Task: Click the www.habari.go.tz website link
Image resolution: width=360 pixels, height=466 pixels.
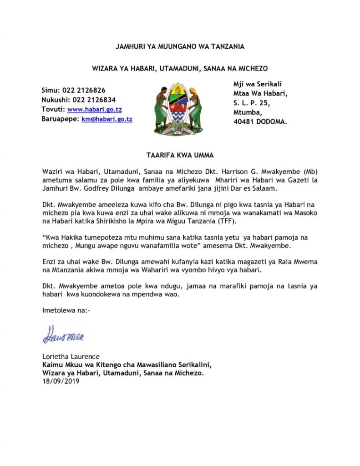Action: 94,110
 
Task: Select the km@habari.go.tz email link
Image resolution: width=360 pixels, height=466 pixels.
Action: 107,119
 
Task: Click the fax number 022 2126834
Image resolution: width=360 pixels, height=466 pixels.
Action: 94,100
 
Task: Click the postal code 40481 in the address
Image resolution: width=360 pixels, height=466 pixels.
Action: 243,122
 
